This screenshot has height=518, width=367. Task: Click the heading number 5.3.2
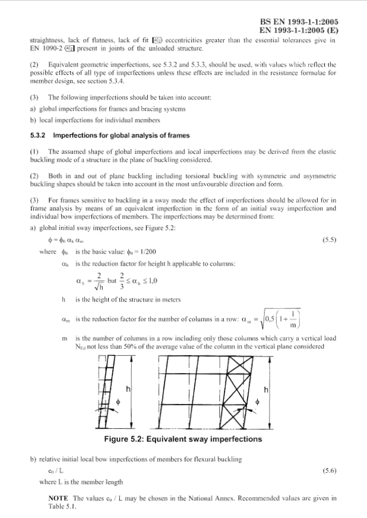point(38,135)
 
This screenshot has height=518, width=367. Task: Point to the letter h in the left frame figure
point(128,389)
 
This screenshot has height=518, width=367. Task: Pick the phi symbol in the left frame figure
point(118,402)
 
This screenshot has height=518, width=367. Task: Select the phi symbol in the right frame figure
point(257,402)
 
